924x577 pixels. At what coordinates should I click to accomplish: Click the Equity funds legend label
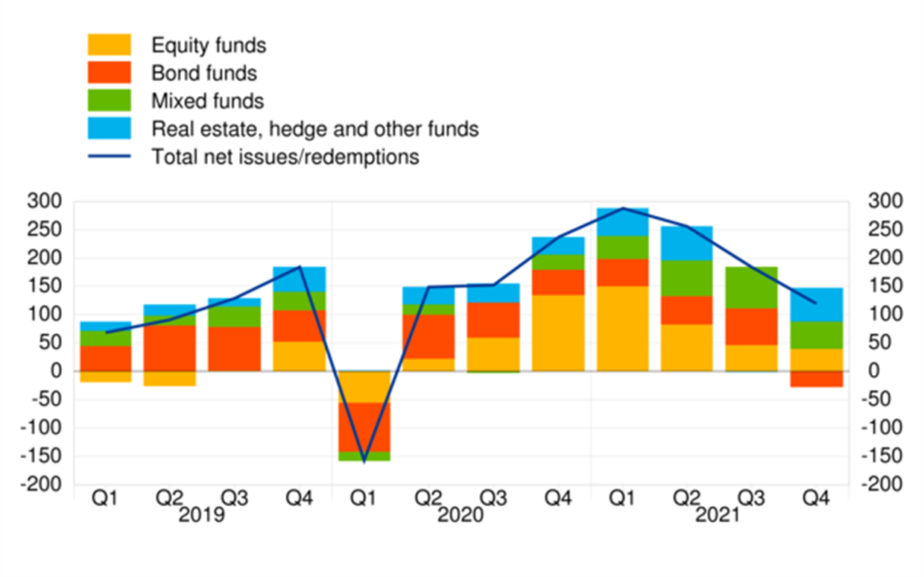click(x=208, y=45)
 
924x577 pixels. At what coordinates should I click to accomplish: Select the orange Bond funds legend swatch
click(x=110, y=72)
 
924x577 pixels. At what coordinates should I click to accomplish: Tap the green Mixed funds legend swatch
click(x=110, y=100)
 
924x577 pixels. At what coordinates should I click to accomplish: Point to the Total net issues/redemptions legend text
click(x=285, y=157)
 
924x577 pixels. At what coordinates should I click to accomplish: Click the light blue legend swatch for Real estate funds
click(x=110, y=128)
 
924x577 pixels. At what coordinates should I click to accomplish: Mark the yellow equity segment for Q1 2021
click(x=621, y=329)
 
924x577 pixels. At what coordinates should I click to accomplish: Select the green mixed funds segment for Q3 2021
click(x=751, y=288)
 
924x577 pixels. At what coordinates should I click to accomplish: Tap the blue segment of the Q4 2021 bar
click(x=816, y=305)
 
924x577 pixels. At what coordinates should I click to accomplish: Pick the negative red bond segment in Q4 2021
click(x=816, y=379)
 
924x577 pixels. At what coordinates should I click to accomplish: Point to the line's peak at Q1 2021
click(x=621, y=208)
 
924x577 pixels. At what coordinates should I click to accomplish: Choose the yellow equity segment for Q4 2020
click(x=557, y=333)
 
